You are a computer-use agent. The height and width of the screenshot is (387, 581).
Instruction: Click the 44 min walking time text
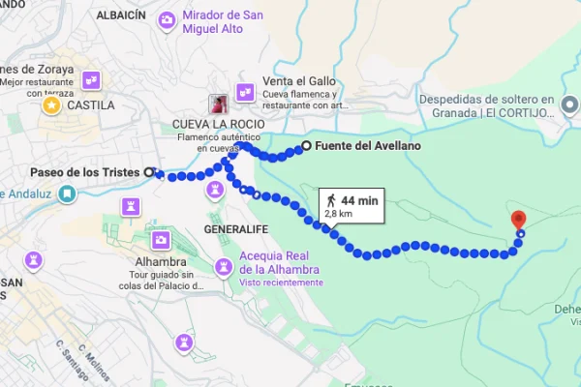click(359, 200)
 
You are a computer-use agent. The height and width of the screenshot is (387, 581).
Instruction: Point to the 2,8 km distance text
click(338, 213)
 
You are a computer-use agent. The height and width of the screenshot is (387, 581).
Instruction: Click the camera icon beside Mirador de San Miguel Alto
click(168, 19)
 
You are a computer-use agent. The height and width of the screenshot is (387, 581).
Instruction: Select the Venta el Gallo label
click(295, 81)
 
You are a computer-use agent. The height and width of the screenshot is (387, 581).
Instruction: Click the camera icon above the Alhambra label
click(161, 239)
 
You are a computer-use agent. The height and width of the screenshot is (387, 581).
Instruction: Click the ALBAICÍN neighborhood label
click(121, 15)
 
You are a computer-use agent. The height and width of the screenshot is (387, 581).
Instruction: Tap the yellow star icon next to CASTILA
click(48, 104)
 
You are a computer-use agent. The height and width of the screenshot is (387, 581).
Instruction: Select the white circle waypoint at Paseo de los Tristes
click(149, 171)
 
